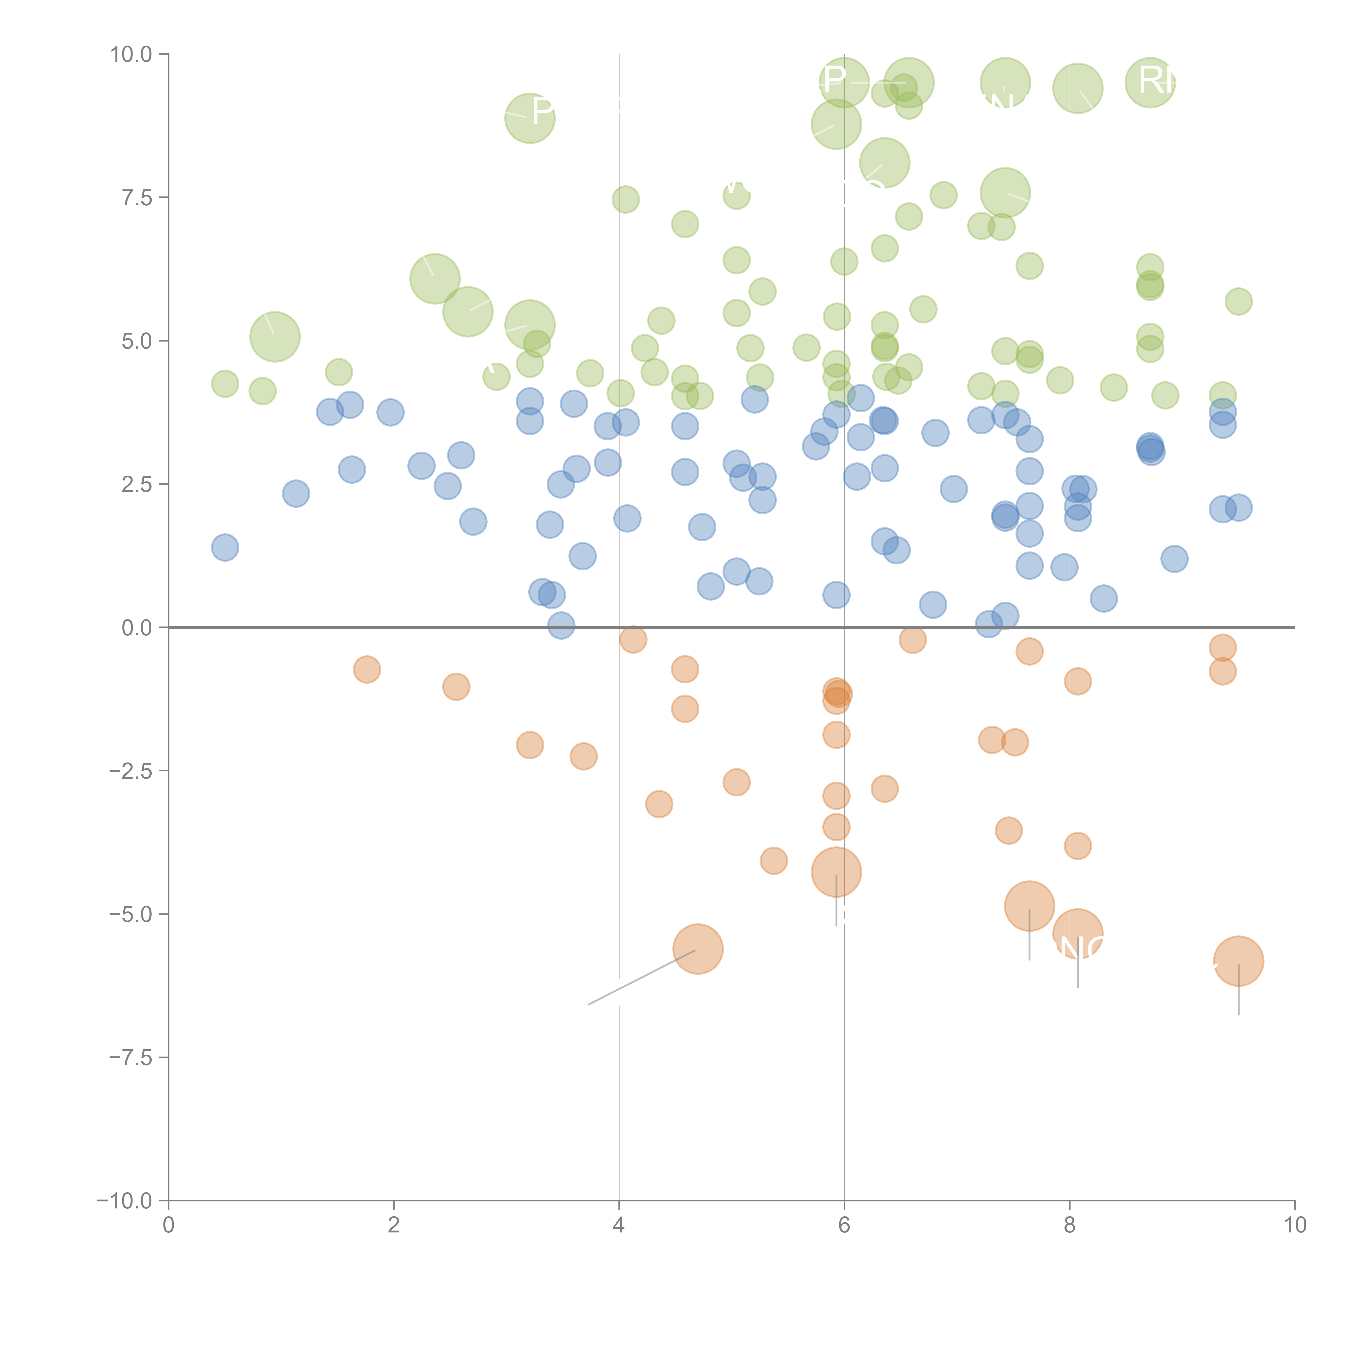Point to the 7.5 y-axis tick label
137,197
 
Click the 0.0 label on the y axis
137,628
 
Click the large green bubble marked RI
1150,82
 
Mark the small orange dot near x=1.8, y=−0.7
367,670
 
